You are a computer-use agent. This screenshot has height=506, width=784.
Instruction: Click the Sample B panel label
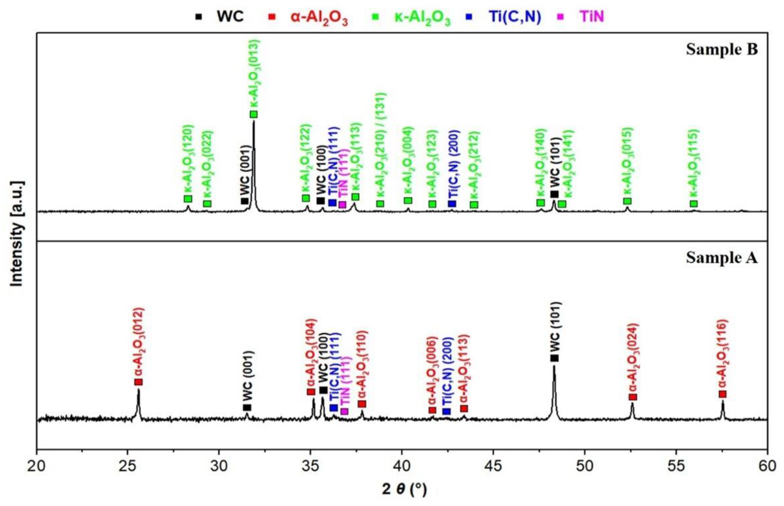tap(722, 49)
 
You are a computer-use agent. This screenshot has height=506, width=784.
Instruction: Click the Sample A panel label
tap(722, 258)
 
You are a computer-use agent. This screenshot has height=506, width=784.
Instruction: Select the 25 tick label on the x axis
tap(127, 466)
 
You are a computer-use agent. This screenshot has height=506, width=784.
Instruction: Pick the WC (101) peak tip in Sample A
tap(554, 367)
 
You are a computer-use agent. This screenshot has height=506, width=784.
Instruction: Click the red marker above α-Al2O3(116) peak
tap(722, 394)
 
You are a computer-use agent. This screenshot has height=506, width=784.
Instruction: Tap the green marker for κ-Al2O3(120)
tap(188, 199)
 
